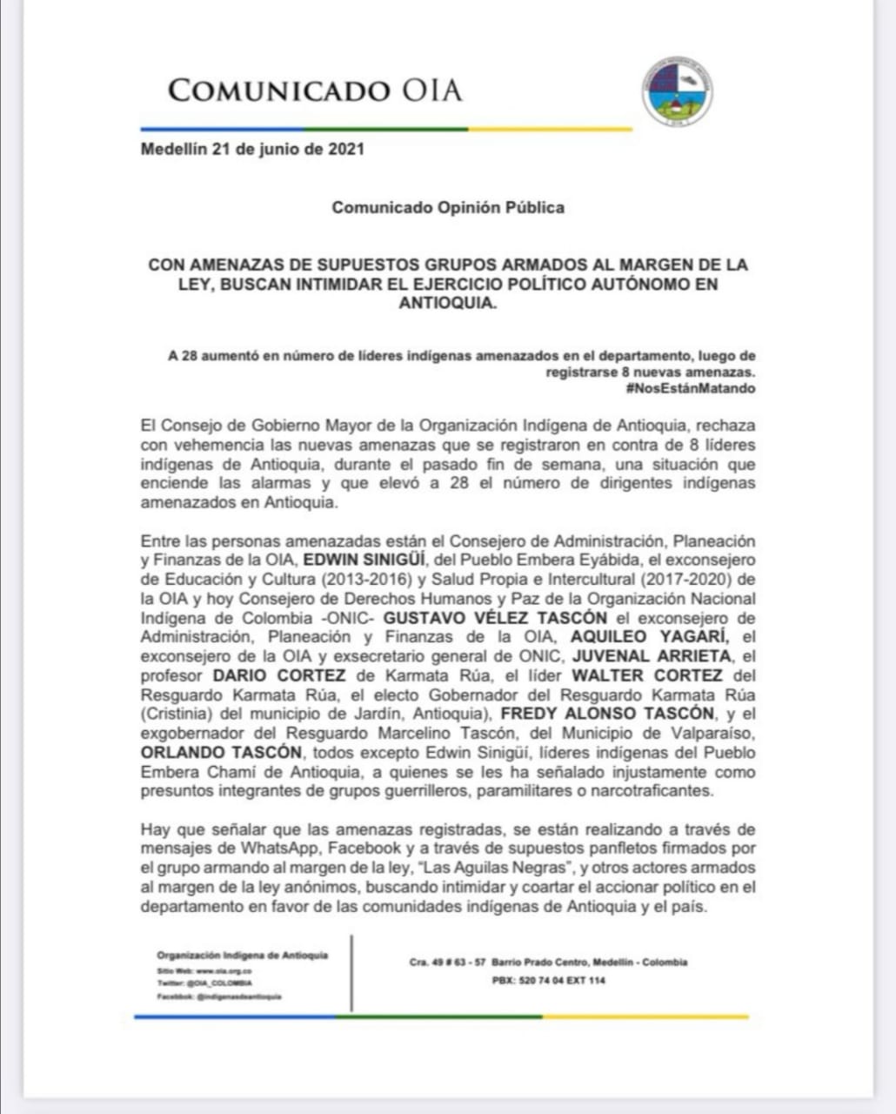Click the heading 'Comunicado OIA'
click(314, 91)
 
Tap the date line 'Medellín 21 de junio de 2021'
click(252, 149)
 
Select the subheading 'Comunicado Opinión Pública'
click(447, 207)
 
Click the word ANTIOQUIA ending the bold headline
click(447, 304)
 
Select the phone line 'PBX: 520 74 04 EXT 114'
click(549, 981)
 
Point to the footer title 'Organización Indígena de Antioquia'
click(242, 955)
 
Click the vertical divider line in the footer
click(351, 973)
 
